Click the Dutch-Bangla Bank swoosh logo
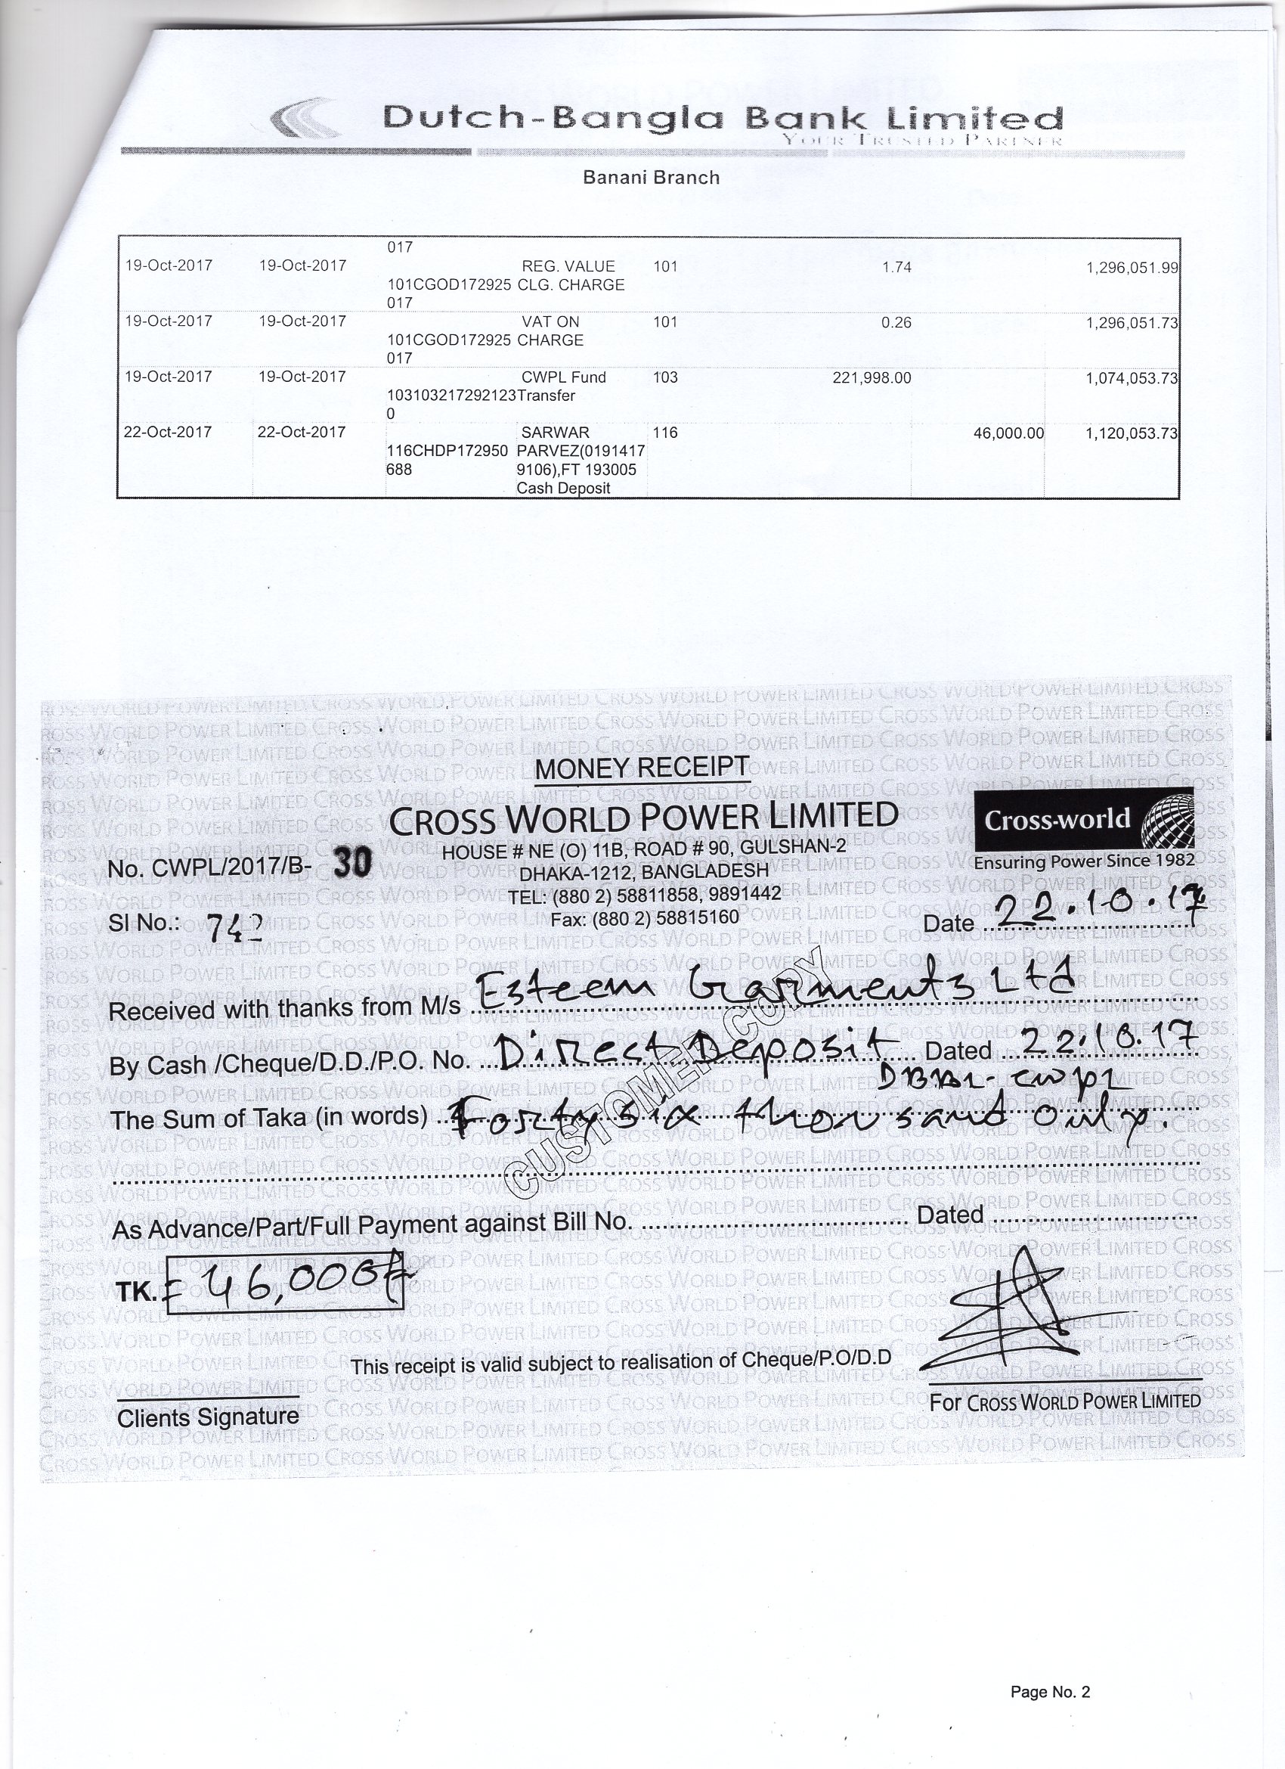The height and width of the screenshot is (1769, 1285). coord(306,118)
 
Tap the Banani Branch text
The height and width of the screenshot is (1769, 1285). coord(651,178)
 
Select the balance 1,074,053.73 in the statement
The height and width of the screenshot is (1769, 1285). coord(1132,378)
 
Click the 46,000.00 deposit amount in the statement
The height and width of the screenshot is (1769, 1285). coord(1008,433)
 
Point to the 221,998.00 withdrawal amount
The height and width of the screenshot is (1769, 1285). coord(871,378)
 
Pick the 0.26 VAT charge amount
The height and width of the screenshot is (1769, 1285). coord(896,323)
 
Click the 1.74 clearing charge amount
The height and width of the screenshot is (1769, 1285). coord(896,268)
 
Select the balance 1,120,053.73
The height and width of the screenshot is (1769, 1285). coord(1132,433)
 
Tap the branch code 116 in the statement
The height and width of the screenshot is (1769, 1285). coord(665,433)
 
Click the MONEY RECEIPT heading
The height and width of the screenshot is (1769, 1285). coord(642,768)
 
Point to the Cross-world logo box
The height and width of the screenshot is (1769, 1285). coord(1085,819)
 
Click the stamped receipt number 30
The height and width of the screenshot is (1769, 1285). coord(352,864)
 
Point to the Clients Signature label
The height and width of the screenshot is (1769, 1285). coord(208,1417)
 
